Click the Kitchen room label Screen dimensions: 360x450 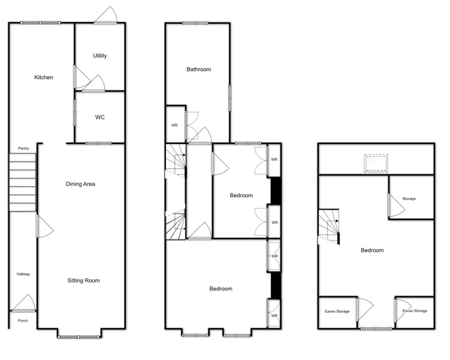(43, 77)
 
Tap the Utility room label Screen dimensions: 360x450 (100, 56)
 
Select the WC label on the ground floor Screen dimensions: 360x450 (100, 117)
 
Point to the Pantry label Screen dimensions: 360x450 (23, 149)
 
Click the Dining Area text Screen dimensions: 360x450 (81, 184)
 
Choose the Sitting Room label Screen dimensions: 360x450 (83, 281)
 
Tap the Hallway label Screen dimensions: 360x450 (23, 274)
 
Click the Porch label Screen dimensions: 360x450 (23, 321)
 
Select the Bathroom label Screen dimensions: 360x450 (199, 69)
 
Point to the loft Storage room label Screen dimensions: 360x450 (409, 199)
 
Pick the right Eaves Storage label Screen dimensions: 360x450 (415, 311)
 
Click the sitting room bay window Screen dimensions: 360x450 (79, 337)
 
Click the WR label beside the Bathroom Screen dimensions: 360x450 (174, 125)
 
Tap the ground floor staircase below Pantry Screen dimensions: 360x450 (22, 183)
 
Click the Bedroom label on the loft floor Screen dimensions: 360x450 (372, 250)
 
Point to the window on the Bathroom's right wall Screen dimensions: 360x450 (230, 98)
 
